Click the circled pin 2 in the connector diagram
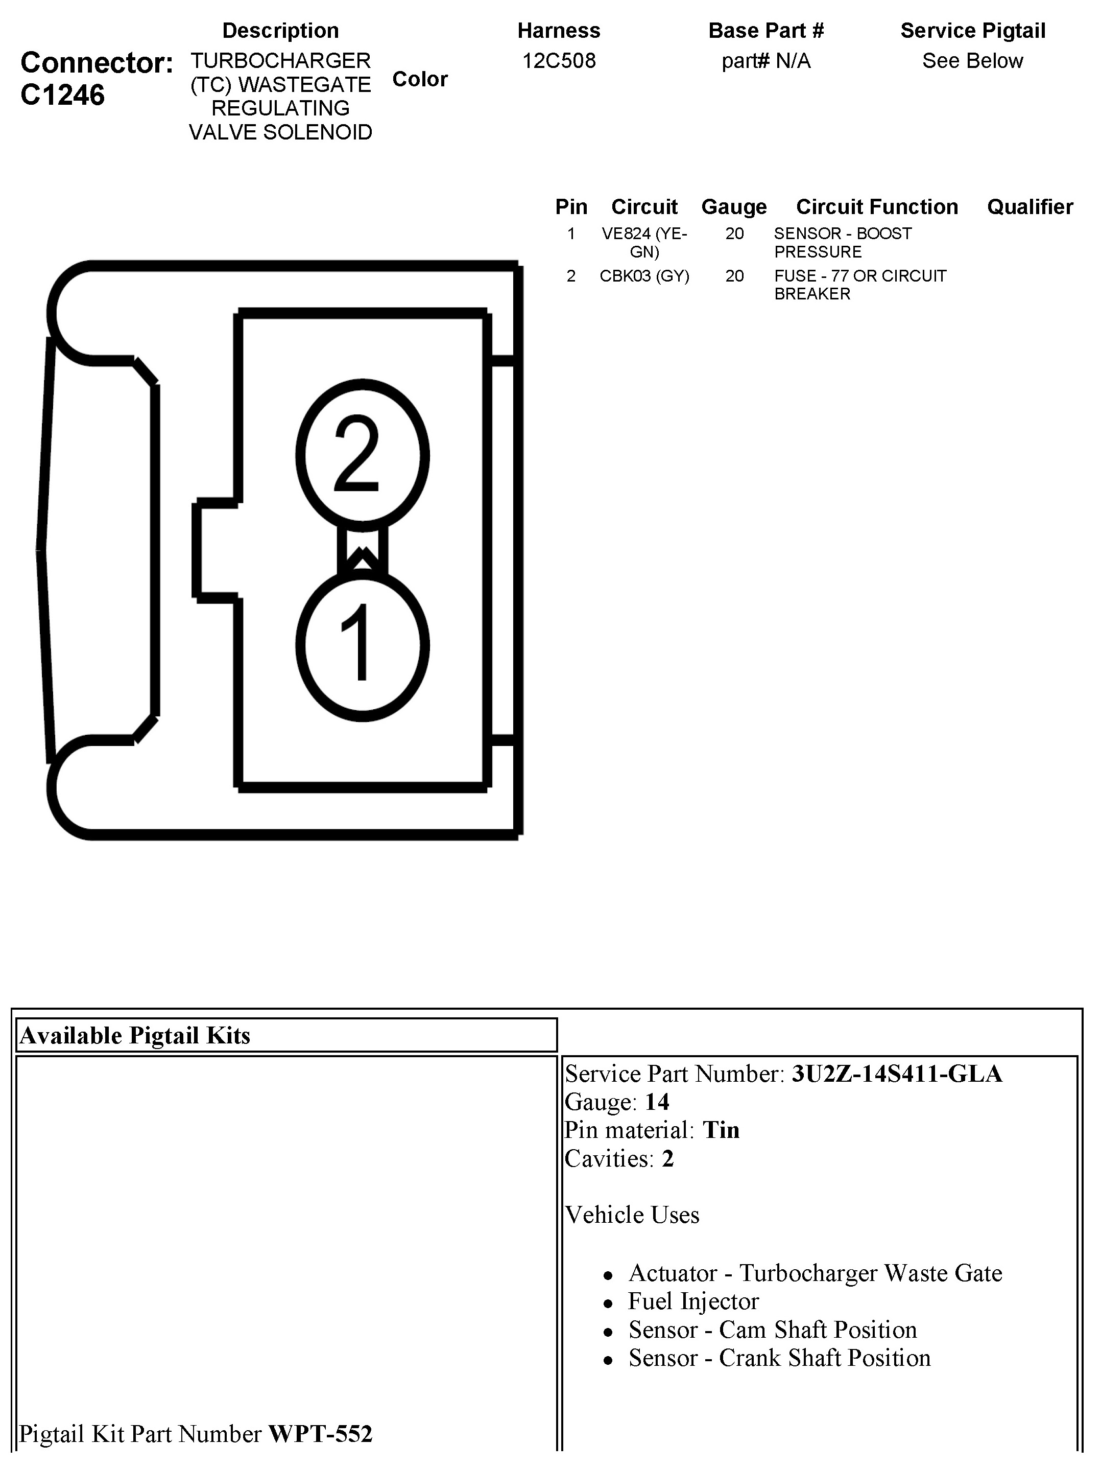point(362,455)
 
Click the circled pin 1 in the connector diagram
point(362,645)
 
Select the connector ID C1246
point(62,95)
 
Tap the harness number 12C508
point(559,61)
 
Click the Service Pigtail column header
point(972,31)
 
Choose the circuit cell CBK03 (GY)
point(644,276)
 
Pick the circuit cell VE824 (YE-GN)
point(644,243)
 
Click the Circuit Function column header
point(876,207)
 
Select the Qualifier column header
point(1030,207)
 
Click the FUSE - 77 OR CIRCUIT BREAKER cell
point(860,285)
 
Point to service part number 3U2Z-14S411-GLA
point(896,1074)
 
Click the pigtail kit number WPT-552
point(320,1434)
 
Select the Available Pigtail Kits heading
point(135,1035)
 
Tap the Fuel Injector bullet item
point(692,1301)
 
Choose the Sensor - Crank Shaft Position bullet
point(779,1358)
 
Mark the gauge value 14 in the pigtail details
point(657,1102)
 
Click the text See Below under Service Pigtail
point(972,61)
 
